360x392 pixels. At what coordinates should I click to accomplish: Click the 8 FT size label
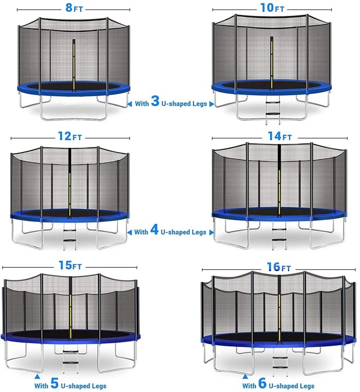[74, 8]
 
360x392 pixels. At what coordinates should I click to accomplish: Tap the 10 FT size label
[272, 8]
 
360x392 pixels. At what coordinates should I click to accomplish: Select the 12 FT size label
[70, 136]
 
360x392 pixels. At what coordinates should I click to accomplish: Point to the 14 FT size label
[280, 136]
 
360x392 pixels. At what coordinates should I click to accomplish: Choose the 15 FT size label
[70, 265]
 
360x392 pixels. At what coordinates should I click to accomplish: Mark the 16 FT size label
[279, 267]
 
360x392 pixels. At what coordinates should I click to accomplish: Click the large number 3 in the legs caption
[155, 101]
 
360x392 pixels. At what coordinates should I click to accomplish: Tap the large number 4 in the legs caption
[154, 230]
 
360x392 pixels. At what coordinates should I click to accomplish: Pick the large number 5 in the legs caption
[55, 383]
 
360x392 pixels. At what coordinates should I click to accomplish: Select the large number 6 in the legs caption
[262, 383]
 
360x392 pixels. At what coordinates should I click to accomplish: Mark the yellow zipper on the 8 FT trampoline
[74, 65]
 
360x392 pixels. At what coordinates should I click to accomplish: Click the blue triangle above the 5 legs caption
[37, 377]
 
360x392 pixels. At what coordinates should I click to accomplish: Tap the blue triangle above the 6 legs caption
[245, 377]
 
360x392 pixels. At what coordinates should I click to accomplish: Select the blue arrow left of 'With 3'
[130, 104]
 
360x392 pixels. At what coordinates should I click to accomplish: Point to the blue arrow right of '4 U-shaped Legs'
[211, 232]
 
